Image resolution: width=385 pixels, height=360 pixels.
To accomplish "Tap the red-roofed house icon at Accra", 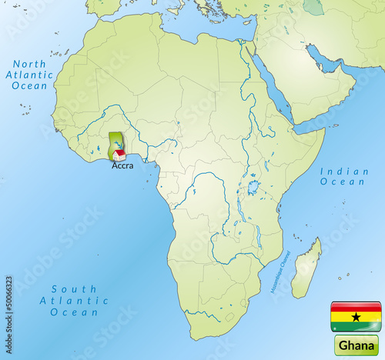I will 119,155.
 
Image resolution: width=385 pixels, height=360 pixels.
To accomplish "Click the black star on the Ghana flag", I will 355,317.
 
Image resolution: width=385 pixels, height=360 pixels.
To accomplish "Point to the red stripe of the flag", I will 355,307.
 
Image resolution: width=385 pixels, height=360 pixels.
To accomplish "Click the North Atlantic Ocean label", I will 30,75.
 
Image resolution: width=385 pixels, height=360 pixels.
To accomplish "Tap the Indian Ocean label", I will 343,176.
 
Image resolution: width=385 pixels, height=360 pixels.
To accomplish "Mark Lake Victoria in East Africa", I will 252,187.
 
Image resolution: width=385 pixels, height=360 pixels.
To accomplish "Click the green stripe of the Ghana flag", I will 355,326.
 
